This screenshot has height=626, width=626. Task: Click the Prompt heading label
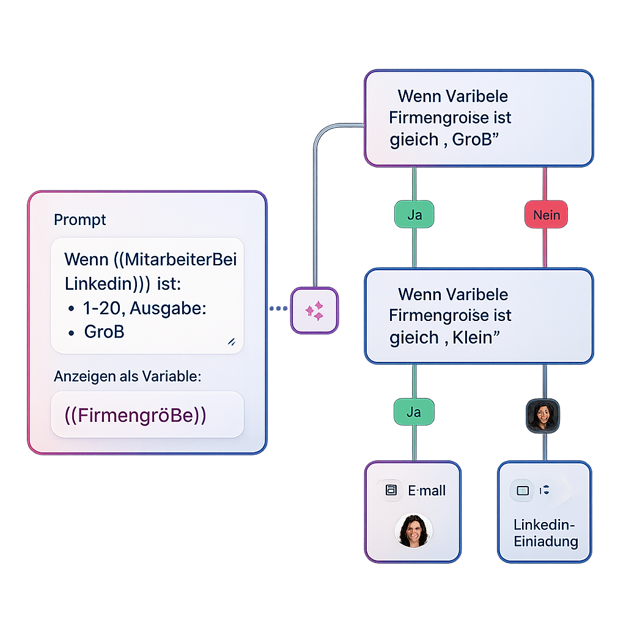(80, 220)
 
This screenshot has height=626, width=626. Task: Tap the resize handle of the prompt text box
(231, 342)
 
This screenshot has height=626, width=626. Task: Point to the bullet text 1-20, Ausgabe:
(145, 309)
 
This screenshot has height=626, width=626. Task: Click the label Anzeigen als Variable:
(127, 377)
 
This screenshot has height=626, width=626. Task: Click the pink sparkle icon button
(314, 311)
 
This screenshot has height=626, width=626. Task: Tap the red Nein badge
(546, 215)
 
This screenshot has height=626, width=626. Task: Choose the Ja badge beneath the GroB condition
(414, 215)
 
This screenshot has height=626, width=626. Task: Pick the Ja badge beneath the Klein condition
(414, 412)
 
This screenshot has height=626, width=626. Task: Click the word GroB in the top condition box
(471, 139)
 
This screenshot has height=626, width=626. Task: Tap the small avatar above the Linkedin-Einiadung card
(543, 416)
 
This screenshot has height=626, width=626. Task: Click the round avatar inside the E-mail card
(414, 529)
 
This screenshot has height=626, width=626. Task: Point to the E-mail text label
(427, 490)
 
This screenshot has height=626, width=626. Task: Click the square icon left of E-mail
(391, 490)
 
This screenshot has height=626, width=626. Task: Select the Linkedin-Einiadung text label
(545, 533)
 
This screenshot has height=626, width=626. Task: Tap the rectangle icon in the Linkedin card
(522, 490)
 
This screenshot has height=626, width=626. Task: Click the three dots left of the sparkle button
(278, 309)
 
